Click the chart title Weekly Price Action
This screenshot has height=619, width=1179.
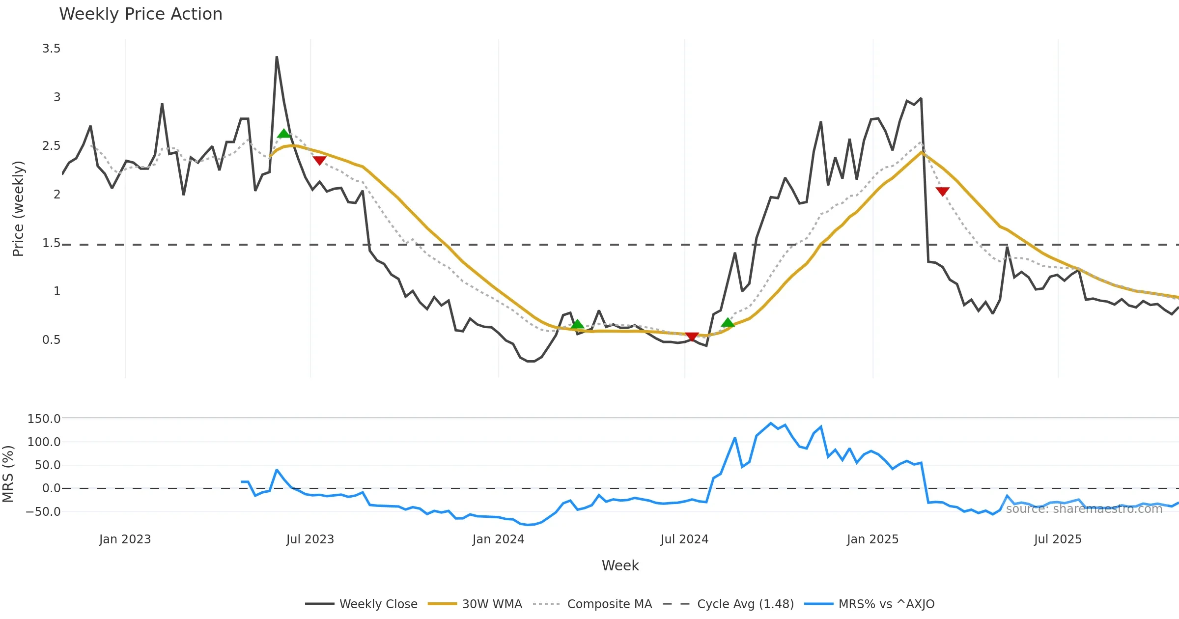pyautogui.click(x=140, y=14)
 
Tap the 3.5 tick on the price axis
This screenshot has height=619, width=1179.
pyautogui.click(x=51, y=49)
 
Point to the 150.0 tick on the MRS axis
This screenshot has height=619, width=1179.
pyautogui.click(x=44, y=419)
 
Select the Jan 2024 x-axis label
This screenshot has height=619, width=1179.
pyautogui.click(x=498, y=539)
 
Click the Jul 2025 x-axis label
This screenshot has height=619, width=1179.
pyautogui.click(x=1058, y=539)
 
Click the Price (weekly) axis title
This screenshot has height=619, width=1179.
pyautogui.click(x=18, y=209)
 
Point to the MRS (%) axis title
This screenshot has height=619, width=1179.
pyautogui.click(x=8, y=474)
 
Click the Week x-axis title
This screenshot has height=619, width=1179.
pyautogui.click(x=620, y=566)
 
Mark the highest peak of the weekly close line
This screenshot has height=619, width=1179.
pyautogui.click(x=277, y=57)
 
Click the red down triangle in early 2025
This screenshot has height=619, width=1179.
pyautogui.click(x=942, y=191)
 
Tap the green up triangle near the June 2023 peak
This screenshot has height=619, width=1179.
pyautogui.click(x=283, y=134)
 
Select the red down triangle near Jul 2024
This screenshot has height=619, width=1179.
pyautogui.click(x=692, y=337)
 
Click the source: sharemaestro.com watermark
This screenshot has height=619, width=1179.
pyautogui.click(x=1084, y=509)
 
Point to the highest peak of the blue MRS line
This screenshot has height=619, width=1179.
pyautogui.click(x=771, y=423)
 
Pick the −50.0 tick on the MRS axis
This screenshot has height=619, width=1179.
pyautogui.click(x=43, y=511)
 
